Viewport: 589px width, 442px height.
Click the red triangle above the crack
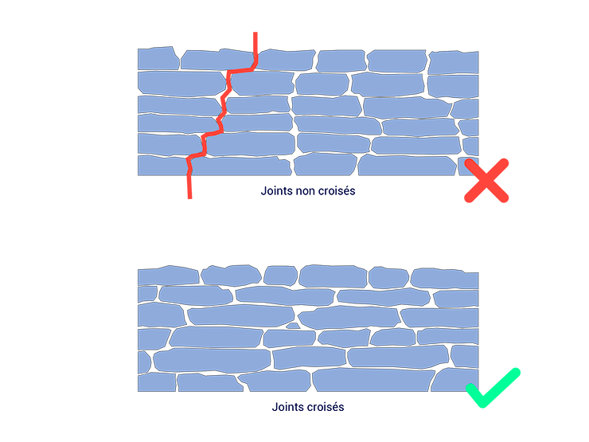pos(255,41)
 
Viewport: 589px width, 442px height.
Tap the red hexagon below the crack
pos(190,206)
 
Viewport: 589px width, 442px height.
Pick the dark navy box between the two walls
pos(308,205)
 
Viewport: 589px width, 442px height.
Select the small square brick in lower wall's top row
pos(280,275)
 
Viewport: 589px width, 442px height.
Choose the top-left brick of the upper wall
pos(157,58)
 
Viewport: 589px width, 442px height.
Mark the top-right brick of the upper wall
pos(454,61)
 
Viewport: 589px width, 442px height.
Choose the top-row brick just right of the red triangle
pos(285,60)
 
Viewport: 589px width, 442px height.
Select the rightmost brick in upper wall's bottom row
pos(472,165)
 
